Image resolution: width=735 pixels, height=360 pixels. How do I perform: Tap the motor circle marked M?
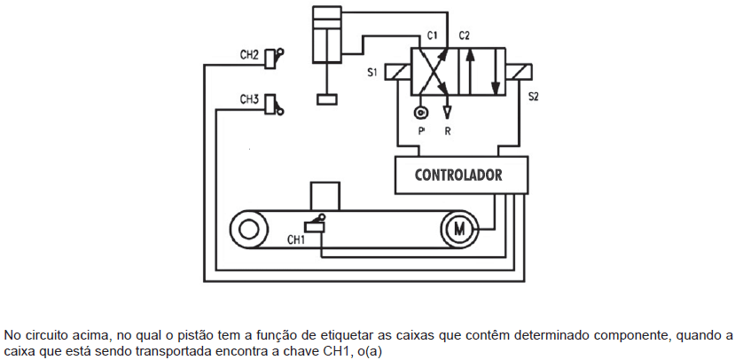[x=459, y=230]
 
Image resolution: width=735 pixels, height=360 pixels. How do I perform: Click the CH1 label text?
[x=296, y=240]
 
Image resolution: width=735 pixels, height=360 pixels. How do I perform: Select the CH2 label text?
[x=249, y=55]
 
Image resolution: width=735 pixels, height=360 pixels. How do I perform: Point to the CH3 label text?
[x=249, y=99]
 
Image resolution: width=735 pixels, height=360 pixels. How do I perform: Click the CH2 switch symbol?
[x=274, y=59]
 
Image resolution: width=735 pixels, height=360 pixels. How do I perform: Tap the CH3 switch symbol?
[x=274, y=105]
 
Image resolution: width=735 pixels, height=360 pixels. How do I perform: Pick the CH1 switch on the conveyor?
[x=315, y=224]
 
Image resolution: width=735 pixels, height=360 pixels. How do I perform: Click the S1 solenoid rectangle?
[x=397, y=73]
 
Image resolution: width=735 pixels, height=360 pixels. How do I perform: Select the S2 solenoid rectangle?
[x=519, y=72]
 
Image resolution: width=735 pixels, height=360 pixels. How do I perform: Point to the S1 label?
[x=372, y=73]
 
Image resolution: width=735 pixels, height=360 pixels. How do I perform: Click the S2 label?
[x=534, y=97]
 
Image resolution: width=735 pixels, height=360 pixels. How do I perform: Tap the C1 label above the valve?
[x=432, y=35]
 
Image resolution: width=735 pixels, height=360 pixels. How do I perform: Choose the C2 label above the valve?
[x=464, y=35]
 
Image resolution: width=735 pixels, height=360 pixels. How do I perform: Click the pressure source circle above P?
[x=420, y=113]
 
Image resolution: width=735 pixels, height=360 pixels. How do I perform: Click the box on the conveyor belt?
[x=324, y=196]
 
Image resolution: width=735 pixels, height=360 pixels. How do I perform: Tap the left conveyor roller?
[x=248, y=230]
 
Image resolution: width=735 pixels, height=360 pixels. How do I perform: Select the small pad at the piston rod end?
[x=327, y=99]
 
